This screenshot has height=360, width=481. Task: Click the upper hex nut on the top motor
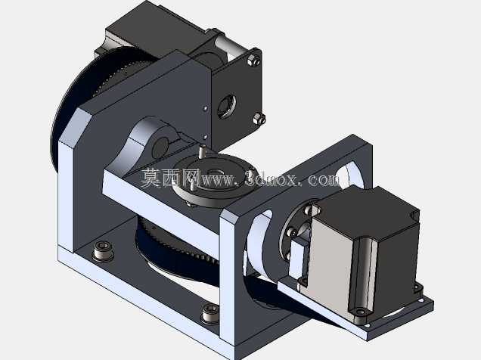(x=254, y=60)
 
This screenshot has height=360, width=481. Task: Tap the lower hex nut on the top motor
(x=259, y=119)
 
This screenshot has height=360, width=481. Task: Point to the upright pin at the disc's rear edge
(x=202, y=151)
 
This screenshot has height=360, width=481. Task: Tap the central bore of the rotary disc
(x=216, y=172)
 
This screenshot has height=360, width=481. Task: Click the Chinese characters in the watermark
(x=170, y=178)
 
